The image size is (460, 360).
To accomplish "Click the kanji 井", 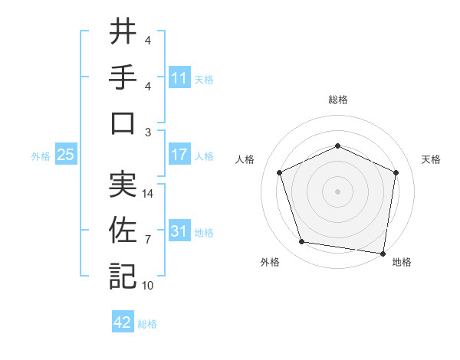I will coord(123,34).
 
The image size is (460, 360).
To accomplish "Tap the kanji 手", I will coord(123,78).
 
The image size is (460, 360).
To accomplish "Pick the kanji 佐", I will coord(123,231).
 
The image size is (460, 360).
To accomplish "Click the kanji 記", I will coord(123,275).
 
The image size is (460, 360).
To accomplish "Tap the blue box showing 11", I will coord(179,78).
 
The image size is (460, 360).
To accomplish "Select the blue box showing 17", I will coord(179,155).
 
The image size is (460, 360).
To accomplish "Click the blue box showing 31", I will coord(179,231).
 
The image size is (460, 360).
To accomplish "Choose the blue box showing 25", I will coord(65,155).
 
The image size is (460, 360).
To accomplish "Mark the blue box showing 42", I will coord(123,322).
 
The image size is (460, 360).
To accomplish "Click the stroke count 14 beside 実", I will coord(149,194).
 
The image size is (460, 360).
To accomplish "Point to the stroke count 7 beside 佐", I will coord(149,240).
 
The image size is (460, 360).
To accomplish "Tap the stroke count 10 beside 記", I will coord(149,286).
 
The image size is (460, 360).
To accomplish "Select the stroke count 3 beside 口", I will coord(149,131).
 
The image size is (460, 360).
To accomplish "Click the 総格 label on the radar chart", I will coord(337,100).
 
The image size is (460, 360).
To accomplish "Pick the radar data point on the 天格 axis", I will coord(396,172).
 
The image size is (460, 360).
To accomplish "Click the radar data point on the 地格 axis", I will coord(383,253).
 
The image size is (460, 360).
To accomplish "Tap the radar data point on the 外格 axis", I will coord(302,242).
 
